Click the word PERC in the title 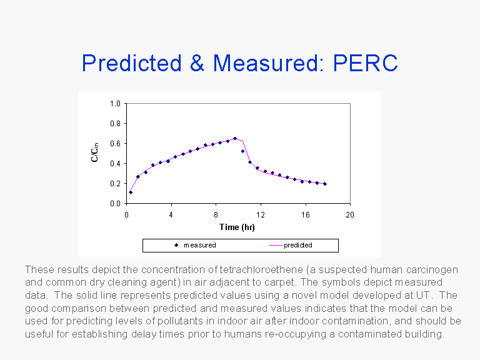coord(365,63)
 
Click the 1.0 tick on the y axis coord(116,104)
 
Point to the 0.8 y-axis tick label coord(116,124)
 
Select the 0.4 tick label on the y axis coord(116,164)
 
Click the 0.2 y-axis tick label coord(116,184)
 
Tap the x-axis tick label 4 coord(171,214)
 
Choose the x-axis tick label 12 coord(261,214)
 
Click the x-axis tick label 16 coord(305,214)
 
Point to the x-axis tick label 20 coord(350,214)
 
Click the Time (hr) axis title coord(237,227)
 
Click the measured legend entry coord(199,245)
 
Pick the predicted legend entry coord(297,245)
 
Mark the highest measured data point coord(235,139)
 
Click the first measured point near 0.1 coord(131,192)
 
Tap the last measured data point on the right coord(325,184)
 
